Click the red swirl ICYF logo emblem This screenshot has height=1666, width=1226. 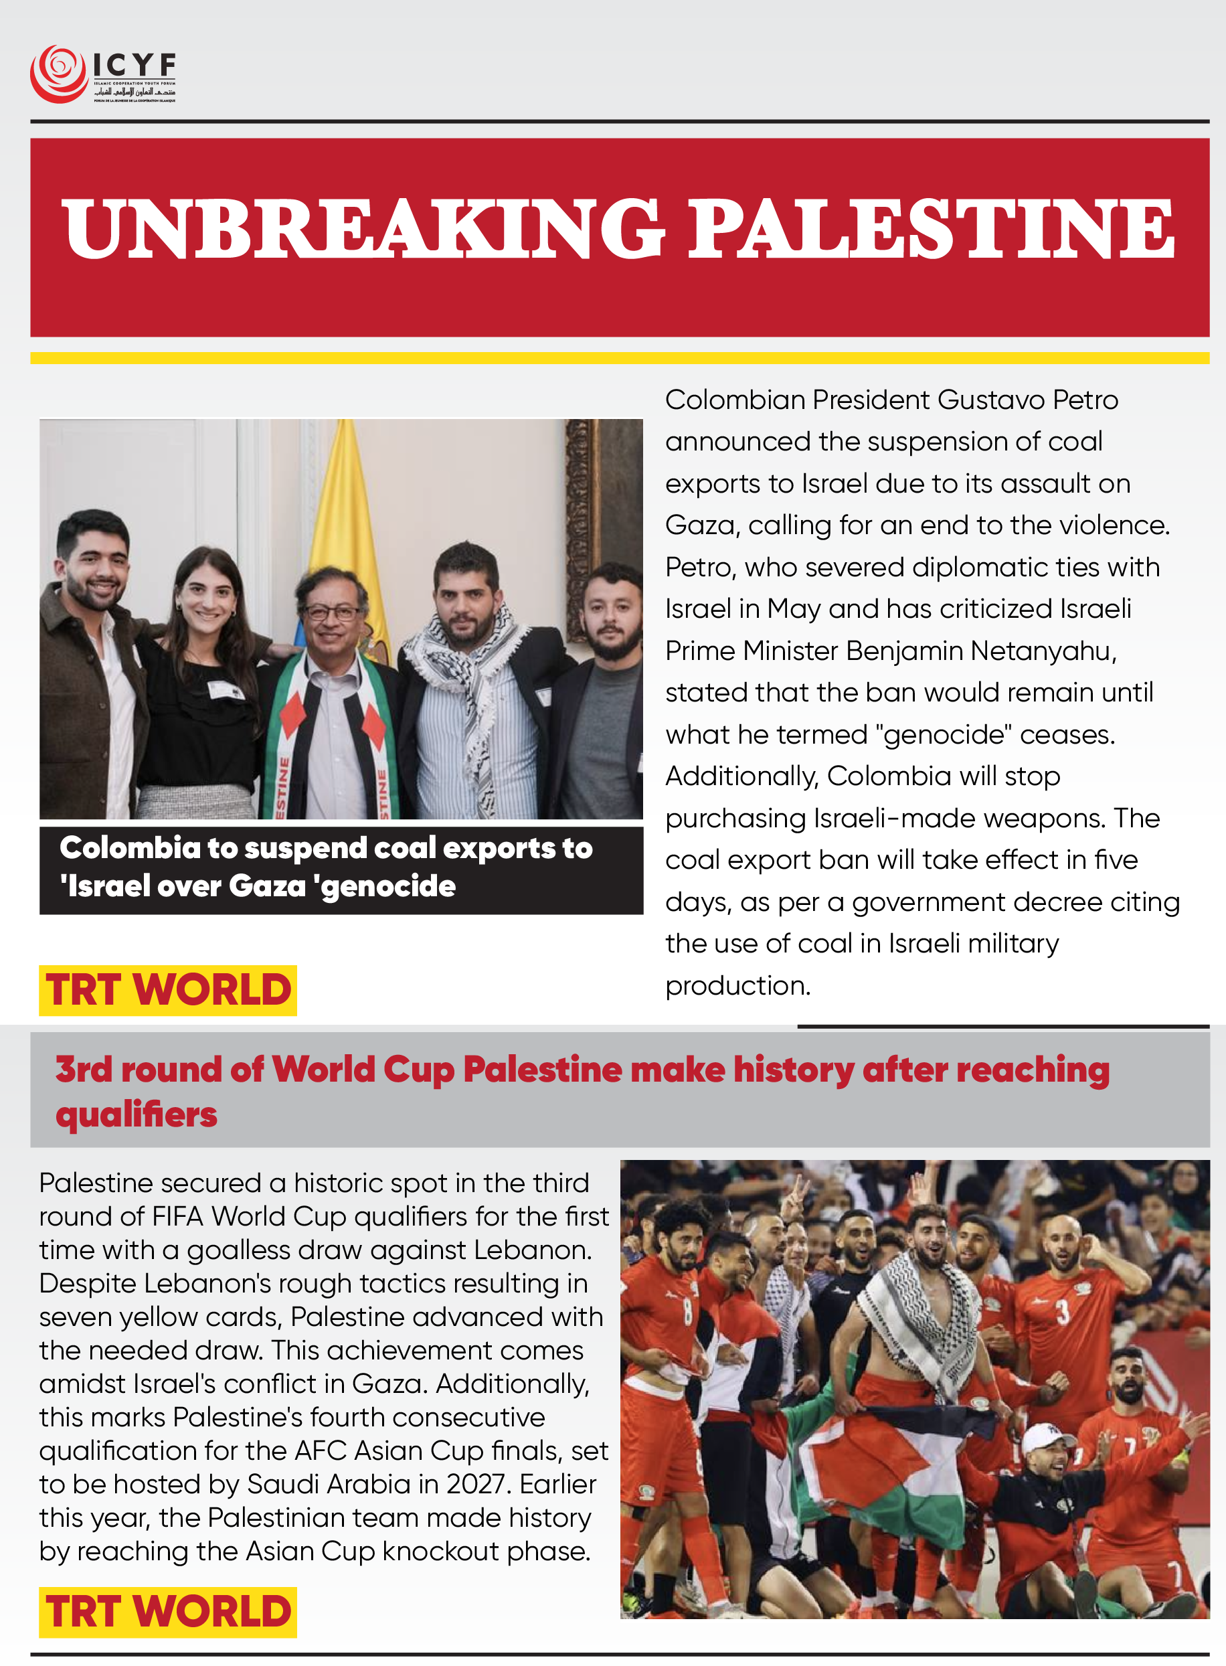[58, 74]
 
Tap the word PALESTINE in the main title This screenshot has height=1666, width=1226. [932, 228]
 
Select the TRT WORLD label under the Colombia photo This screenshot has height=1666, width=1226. [168, 990]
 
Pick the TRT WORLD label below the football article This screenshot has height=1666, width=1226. [168, 1612]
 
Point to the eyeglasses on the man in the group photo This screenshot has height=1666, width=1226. [332, 613]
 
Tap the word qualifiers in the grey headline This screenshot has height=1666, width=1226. [137, 1114]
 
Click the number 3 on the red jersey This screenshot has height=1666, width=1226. [1063, 1312]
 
